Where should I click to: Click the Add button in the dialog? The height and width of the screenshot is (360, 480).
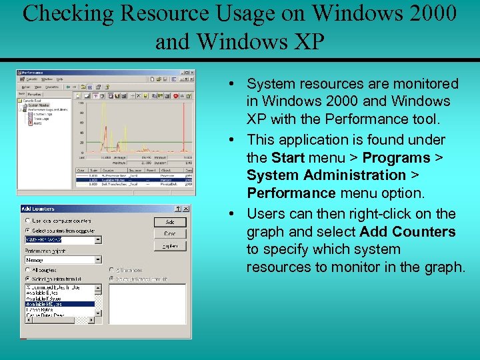click(x=170, y=222)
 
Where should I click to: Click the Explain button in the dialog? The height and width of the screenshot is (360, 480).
click(x=170, y=246)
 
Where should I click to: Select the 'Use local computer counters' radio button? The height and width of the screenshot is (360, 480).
click(x=27, y=221)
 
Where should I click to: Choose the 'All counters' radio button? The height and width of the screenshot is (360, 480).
click(x=27, y=269)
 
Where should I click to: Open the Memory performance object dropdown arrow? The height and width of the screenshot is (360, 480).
click(x=98, y=260)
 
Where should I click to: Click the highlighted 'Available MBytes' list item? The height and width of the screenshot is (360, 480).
click(x=60, y=304)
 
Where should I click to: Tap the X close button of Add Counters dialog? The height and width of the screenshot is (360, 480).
click(x=186, y=209)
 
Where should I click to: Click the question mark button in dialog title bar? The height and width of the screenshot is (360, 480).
click(x=177, y=209)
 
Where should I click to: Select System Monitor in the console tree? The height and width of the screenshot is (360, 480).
click(x=38, y=105)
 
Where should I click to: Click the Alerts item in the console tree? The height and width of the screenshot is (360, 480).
click(x=37, y=124)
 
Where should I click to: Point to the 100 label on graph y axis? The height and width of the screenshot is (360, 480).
click(x=81, y=103)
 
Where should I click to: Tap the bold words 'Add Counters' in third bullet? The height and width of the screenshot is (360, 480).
click(x=407, y=232)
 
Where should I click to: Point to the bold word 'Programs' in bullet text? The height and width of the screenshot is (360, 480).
click(x=396, y=158)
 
